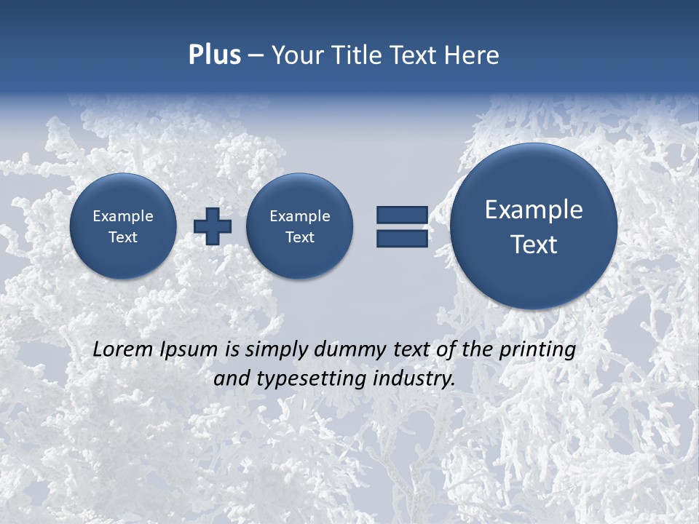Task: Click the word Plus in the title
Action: pos(214,55)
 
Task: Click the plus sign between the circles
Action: pos(213,226)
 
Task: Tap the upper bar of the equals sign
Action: pos(402,215)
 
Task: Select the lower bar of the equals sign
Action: pos(402,239)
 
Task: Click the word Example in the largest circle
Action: pos(534,210)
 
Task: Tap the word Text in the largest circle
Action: pos(534,245)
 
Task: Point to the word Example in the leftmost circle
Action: pos(123,216)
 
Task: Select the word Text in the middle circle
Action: pos(300,237)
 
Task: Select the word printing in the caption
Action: pos(539,350)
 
